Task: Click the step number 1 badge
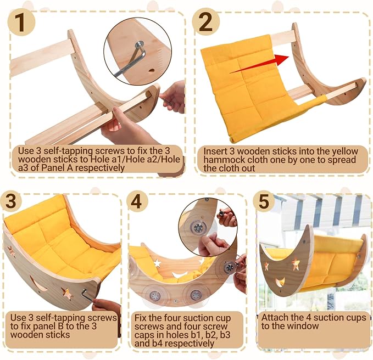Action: [x=21, y=22]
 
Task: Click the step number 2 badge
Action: [x=205, y=22]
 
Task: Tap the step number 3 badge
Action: [x=10, y=200]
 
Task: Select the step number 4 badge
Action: [x=137, y=201]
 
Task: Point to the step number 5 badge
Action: [x=264, y=201]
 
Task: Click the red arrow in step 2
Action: [x=259, y=64]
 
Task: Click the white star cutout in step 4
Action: [x=157, y=263]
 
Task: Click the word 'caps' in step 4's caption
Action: [x=143, y=335]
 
